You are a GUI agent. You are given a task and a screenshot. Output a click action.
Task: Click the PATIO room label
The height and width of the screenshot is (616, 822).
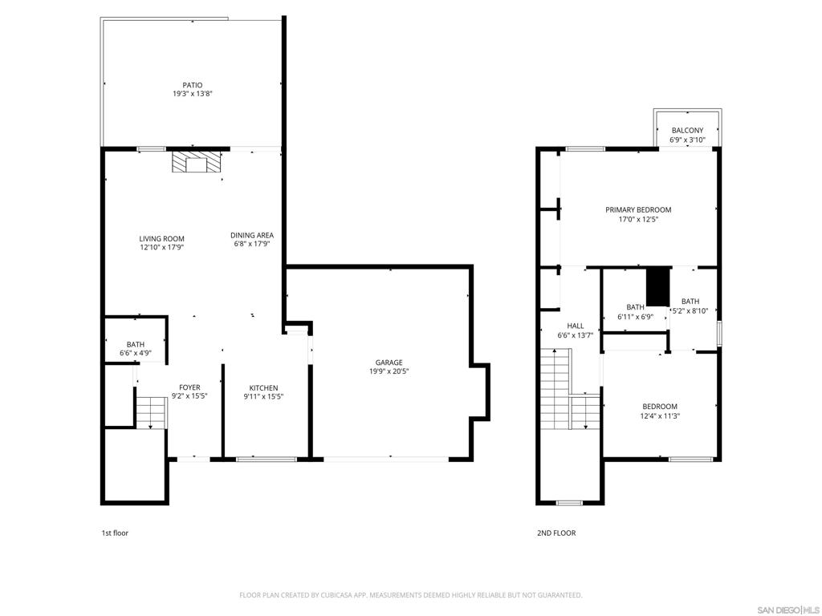(x=193, y=85)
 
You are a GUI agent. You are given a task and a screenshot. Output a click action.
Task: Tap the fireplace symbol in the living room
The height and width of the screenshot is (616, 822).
(x=197, y=162)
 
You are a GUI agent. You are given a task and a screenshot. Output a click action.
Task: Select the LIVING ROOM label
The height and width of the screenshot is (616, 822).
(x=161, y=238)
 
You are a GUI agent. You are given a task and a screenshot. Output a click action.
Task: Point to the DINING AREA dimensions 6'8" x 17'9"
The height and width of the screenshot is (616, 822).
(x=251, y=244)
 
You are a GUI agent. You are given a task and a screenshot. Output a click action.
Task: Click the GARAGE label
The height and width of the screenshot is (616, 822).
(x=389, y=363)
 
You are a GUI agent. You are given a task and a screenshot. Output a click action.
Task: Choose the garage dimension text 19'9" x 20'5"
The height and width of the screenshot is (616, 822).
(x=389, y=371)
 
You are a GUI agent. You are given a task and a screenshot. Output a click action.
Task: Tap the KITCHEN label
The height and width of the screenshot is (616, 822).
(x=263, y=387)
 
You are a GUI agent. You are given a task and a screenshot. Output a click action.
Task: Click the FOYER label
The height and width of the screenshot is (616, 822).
(x=189, y=387)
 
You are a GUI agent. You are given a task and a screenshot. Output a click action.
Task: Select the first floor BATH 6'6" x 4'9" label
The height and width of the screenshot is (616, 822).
(x=135, y=349)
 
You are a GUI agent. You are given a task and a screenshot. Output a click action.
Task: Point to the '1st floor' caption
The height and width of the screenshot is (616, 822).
(x=115, y=533)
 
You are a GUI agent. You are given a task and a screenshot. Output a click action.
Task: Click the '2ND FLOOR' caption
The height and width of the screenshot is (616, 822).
(x=556, y=533)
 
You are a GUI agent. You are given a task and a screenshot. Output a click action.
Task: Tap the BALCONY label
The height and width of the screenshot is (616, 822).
(x=688, y=131)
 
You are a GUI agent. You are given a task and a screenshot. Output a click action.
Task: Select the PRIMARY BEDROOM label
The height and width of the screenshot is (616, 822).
(x=638, y=209)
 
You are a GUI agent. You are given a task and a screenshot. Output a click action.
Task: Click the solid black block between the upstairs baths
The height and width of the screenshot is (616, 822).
(x=658, y=286)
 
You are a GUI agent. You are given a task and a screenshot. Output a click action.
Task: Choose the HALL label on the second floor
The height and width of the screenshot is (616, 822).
(x=576, y=326)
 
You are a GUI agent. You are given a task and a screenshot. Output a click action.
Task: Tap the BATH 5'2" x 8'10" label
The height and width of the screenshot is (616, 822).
(x=690, y=306)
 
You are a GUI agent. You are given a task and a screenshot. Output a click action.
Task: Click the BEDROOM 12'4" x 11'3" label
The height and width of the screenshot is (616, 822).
(x=660, y=411)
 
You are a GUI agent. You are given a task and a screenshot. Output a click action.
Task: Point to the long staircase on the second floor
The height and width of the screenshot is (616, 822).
(x=570, y=389)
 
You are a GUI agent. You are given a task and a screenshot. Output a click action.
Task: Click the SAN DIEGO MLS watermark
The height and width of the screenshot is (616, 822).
(x=788, y=610)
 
